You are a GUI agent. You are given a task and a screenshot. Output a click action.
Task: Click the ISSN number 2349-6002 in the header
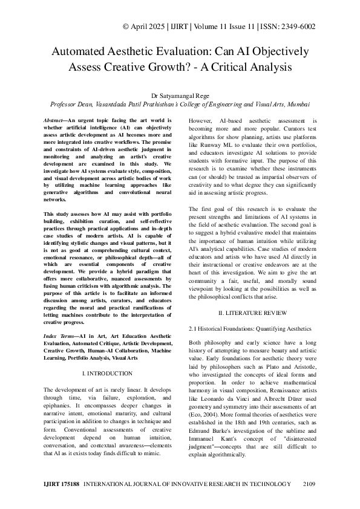click(x=297, y=27)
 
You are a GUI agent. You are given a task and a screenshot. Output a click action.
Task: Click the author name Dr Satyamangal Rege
click(x=180, y=95)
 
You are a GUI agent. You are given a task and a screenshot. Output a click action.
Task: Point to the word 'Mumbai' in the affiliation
click(x=296, y=104)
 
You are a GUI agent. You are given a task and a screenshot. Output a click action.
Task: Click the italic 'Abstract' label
click(x=58, y=121)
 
